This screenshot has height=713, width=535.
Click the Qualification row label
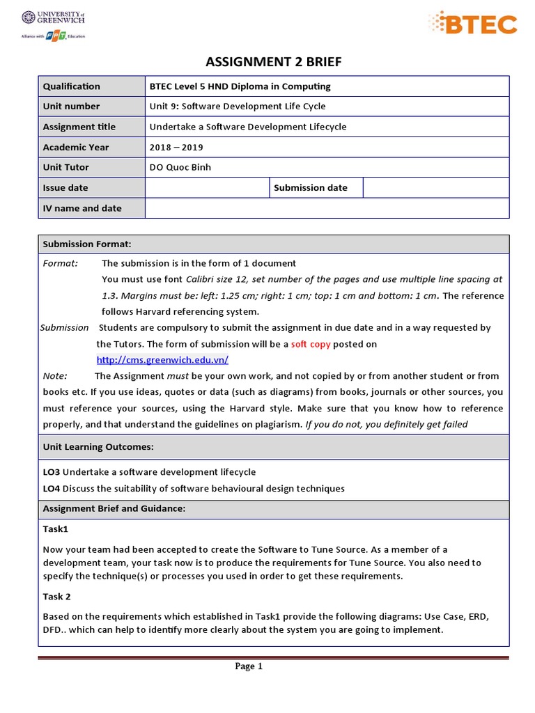72,86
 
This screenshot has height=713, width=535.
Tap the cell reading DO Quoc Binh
180,167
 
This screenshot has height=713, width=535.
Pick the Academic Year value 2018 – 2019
177,147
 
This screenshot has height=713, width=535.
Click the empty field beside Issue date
207,187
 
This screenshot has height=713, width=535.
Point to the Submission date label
311,187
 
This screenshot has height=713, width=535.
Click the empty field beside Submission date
436,187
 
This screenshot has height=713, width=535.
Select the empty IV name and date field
327,208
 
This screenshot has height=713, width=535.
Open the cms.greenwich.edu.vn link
162,360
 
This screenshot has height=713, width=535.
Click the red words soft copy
311,344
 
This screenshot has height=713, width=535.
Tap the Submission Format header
87,244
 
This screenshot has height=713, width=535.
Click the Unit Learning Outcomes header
98,446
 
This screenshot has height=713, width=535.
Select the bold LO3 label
52,472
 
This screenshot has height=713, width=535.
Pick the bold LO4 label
52,489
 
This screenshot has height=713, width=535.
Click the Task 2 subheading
57,597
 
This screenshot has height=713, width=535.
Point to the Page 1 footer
249,666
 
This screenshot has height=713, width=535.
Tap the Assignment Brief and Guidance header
114,509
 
